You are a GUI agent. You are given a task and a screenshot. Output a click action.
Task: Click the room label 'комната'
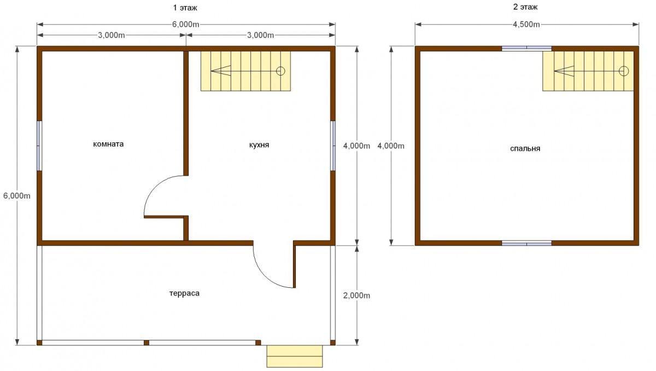108,144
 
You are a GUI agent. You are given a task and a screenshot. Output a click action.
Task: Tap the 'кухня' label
259,145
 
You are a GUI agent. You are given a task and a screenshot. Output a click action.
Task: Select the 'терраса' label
185,293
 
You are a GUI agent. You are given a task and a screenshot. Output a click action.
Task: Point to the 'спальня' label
525,149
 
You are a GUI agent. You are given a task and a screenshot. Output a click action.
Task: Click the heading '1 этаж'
185,8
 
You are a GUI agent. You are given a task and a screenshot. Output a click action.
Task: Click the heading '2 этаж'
525,7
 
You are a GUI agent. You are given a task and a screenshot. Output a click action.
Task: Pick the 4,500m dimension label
526,24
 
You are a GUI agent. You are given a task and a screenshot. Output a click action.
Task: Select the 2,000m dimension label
356,295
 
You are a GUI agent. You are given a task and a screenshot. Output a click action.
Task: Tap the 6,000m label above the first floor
186,24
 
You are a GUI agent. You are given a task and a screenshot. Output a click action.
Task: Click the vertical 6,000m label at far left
17,196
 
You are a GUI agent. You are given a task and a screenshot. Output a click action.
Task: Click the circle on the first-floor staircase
280,71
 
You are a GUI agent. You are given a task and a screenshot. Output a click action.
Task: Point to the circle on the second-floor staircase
624,71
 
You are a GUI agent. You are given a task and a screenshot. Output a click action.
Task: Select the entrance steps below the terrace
295,356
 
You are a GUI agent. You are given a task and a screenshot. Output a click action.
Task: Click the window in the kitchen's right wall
333,146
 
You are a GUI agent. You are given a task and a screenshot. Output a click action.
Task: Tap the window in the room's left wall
39,146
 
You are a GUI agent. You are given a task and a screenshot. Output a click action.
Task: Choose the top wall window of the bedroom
526,48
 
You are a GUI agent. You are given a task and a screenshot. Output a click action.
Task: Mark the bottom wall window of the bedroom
526,244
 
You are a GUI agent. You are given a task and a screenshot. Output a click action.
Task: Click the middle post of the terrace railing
147,343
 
